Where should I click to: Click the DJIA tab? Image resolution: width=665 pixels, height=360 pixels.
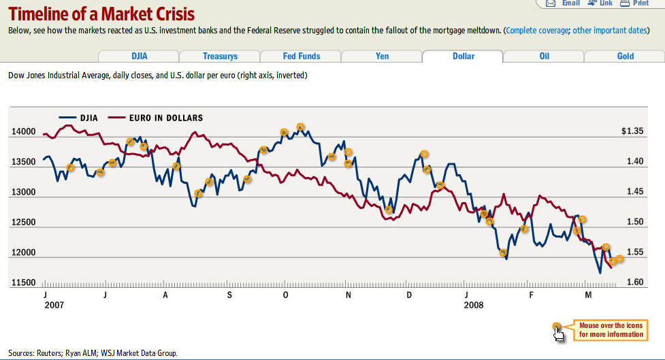point(139,56)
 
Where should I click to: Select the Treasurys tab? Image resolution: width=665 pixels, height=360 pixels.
point(219,56)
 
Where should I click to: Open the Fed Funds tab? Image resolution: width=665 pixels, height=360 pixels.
point(301,56)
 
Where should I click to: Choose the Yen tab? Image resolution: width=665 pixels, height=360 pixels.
point(382,56)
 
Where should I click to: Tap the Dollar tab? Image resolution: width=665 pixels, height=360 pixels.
point(464,56)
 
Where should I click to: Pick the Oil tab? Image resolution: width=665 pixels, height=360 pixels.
point(544,56)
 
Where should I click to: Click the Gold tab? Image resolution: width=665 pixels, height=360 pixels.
point(625,56)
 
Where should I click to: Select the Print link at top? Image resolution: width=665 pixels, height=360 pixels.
point(640,3)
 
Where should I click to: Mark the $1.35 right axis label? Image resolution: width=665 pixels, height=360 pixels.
point(632,131)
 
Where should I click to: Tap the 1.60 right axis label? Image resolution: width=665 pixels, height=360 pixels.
point(634,282)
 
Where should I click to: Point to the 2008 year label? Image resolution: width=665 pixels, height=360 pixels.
point(473,306)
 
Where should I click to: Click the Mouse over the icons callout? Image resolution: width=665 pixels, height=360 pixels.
point(611,330)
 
